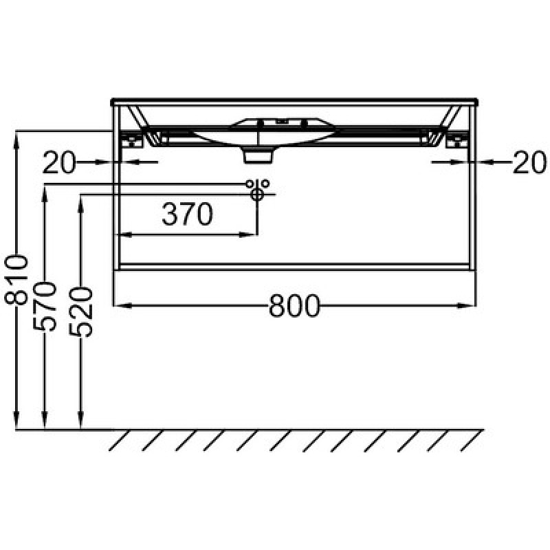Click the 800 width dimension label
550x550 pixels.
(x=295, y=305)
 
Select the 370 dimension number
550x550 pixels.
(x=187, y=214)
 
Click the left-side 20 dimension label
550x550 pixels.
(x=59, y=162)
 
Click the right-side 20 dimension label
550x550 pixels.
(x=529, y=162)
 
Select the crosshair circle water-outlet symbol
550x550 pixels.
(x=257, y=195)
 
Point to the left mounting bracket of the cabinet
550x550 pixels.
(x=132, y=140)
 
